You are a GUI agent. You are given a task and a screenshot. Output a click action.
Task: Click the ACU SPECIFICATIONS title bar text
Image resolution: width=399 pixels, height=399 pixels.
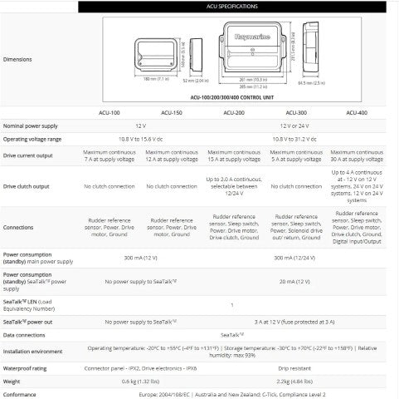[200, 6]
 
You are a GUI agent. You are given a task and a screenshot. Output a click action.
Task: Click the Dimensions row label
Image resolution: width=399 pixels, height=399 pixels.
[18, 60]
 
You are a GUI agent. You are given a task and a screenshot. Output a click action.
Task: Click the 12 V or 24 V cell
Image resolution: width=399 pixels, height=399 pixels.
[297, 126]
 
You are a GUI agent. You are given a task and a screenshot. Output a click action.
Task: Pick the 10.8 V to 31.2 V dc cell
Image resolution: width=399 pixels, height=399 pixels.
[297, 138]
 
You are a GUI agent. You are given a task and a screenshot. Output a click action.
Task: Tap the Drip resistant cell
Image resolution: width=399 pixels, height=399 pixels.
[297, 367]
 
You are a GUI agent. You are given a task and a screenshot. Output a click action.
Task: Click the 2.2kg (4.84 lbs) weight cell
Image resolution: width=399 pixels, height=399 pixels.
[297, 382]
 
